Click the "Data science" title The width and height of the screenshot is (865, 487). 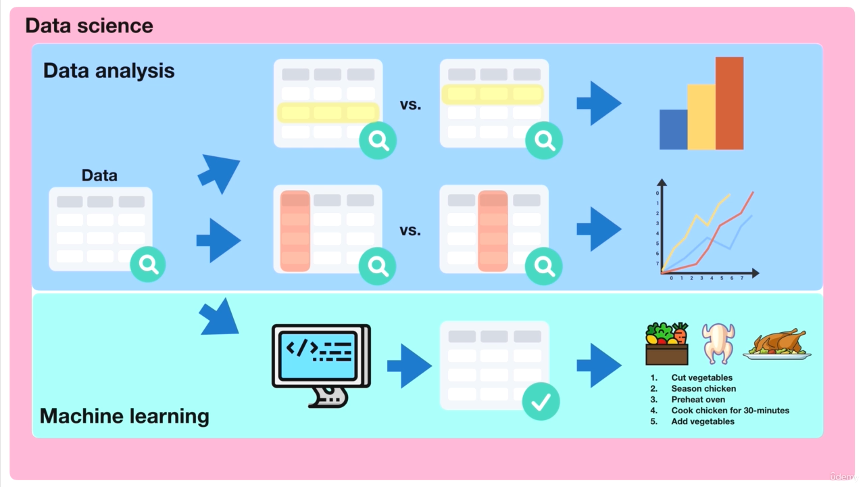89,26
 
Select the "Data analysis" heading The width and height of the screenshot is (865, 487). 109,70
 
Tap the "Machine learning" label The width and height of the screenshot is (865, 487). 124,415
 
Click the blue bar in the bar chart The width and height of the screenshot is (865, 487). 673,129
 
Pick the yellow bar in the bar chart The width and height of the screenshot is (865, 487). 701,116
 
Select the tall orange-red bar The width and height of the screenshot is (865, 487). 729,103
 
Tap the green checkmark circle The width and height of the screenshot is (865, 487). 541,402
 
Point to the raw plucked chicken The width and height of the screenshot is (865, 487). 718,343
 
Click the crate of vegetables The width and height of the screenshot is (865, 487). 667,344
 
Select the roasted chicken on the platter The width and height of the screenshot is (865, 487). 777,344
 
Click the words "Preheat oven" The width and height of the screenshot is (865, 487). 698,400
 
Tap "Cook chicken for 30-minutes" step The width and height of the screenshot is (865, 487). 730,411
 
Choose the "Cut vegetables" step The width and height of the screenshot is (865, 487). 701,378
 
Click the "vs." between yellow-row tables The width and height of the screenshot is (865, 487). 410,105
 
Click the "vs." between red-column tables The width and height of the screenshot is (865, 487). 410,231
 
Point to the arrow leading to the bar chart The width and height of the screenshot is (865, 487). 599,103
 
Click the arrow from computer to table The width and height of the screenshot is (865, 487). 409,366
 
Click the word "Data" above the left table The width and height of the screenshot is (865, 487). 99,175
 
